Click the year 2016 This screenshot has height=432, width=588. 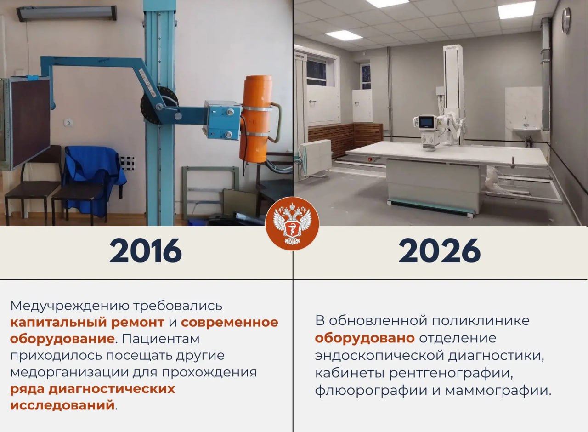coord(146,250)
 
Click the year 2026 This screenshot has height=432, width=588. coord(439,250)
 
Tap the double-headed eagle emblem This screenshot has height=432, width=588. coord(292,224)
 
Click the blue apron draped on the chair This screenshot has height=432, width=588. coord(93,173)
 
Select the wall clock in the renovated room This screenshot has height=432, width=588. coord(566,21)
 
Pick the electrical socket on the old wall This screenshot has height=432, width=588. coord(68,122)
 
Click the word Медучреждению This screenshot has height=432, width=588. coord(69,306)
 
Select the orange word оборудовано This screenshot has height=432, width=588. coord(365,338)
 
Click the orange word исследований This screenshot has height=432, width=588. coord(62,405)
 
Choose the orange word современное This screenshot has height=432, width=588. coord(229,322)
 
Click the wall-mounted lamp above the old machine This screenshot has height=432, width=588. coord(67,13)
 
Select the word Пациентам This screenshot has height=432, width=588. coord(160,339)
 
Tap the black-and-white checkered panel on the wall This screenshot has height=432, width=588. coord(127,163)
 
